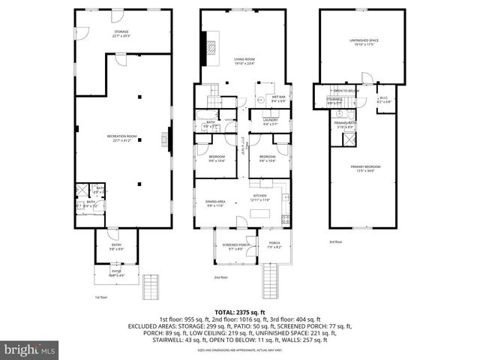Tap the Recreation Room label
coord(121,137)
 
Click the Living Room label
coord(245,62)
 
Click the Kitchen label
coord(260,196)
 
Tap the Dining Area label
coord(215,203)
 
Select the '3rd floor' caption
coord(335,242)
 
